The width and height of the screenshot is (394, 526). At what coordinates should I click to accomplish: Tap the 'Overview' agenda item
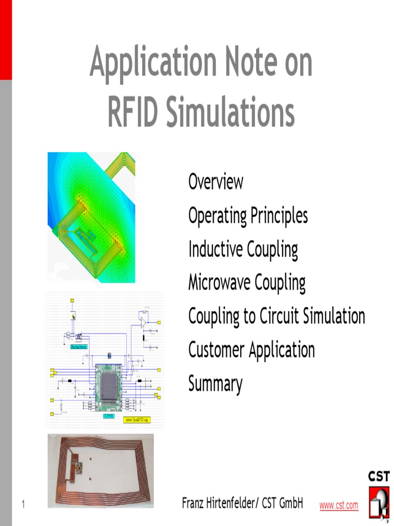pyautogui.click(x=215, y=182)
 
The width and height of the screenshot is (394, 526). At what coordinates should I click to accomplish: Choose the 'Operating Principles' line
pyautogui.click(x=248, y=216)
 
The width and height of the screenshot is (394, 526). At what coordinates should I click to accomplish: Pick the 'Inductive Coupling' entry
pyautogui.click(x=243, y=250)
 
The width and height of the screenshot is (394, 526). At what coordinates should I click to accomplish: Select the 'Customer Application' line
pyautogui.click(x=251, y=350)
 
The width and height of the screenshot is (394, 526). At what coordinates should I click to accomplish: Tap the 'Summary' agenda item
pyautogui.click(x=215, y=384)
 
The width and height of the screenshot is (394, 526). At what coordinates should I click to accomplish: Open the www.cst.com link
pyautogui.click(x=339, y=505)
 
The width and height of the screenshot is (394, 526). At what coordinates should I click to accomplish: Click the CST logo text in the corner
pyautogui.click(x=379, y=476)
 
